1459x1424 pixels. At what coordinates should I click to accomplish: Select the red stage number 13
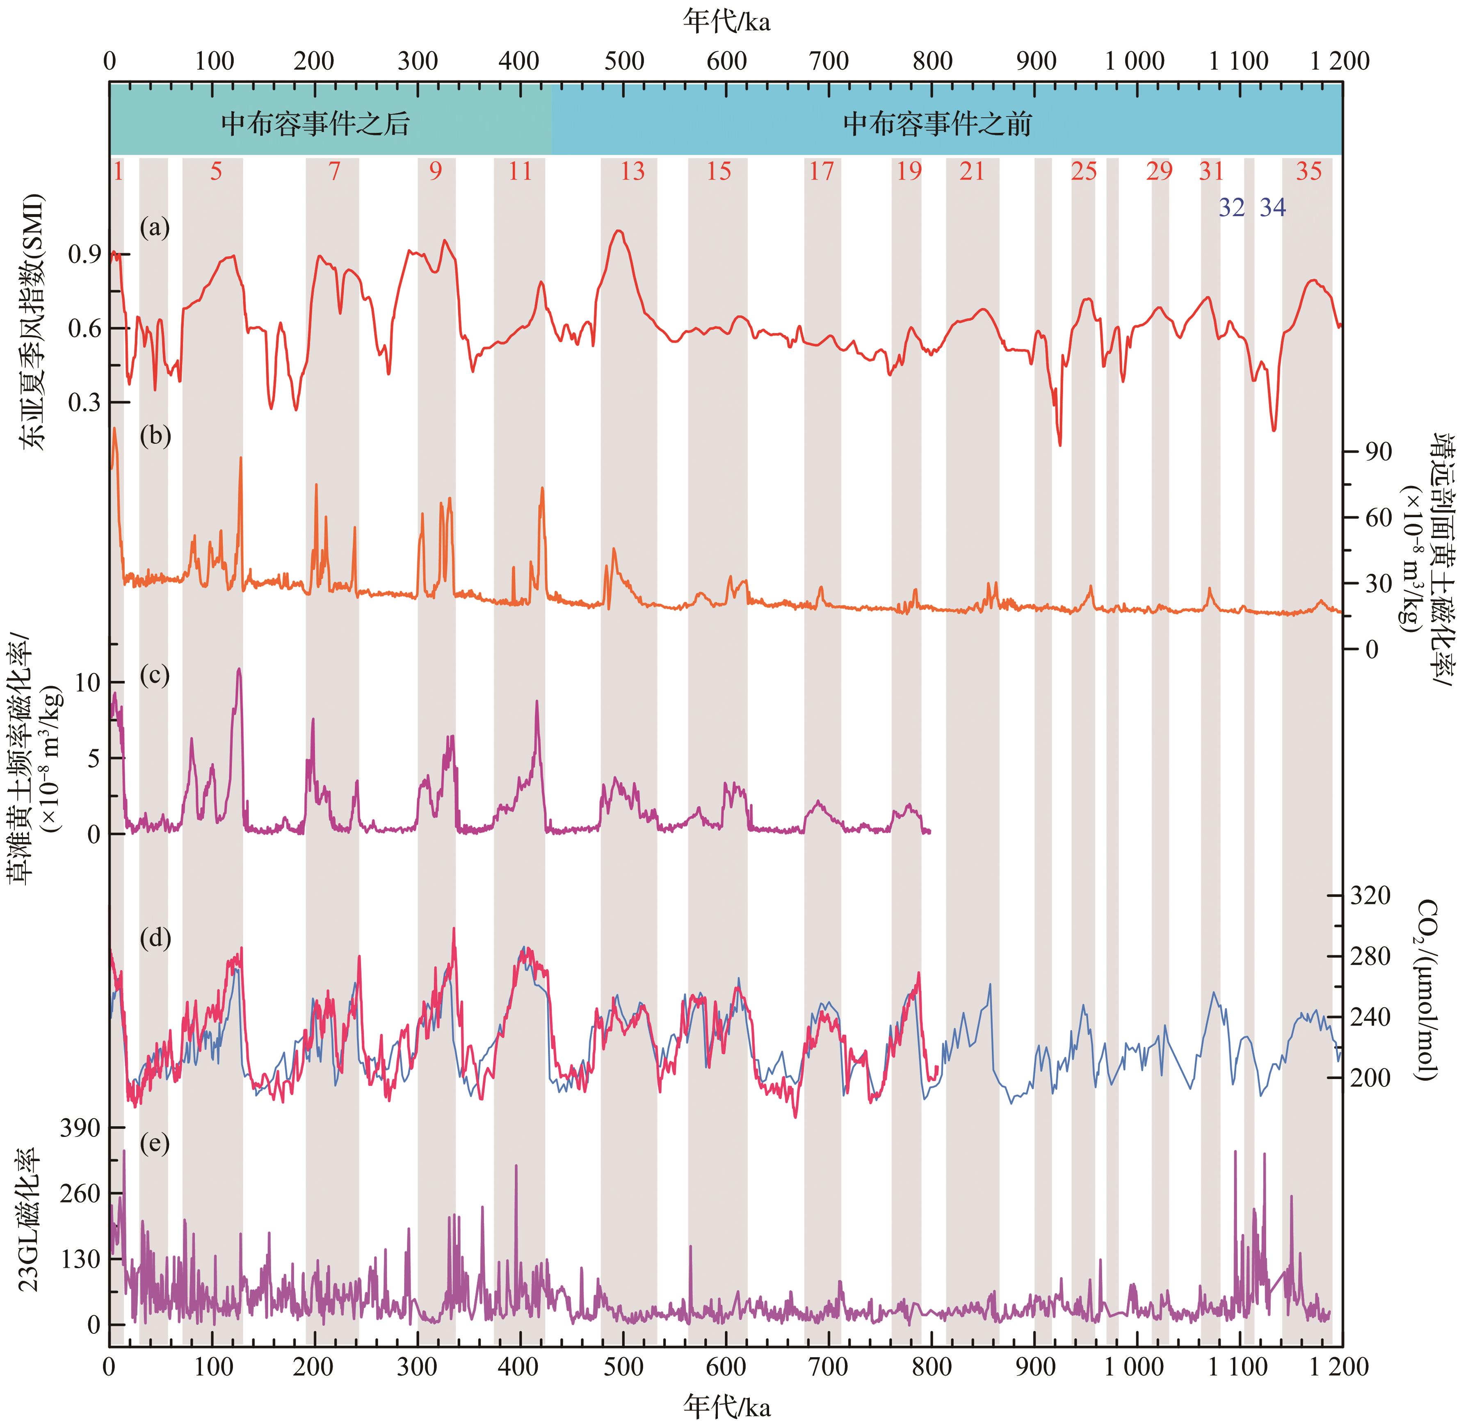[x=632, y=171]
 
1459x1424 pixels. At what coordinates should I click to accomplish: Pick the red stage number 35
[x=1309, y=171]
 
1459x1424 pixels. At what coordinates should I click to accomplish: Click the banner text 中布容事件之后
[x=315, y=123]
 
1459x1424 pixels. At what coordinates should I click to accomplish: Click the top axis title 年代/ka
[x=726, y=23]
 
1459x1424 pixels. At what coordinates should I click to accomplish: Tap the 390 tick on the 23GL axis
[x=83, y=1128]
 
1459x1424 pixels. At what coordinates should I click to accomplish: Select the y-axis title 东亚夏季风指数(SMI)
[x=30, y=322]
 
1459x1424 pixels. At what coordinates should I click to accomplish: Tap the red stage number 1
[x=117, y=171]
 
